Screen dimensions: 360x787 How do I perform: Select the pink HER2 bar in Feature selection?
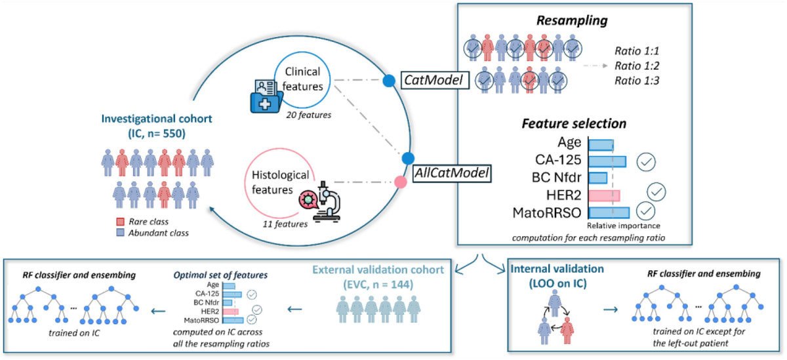(604, 195)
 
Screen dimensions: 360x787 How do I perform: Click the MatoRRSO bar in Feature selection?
(609, 212)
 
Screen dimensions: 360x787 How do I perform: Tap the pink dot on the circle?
(398, 182)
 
